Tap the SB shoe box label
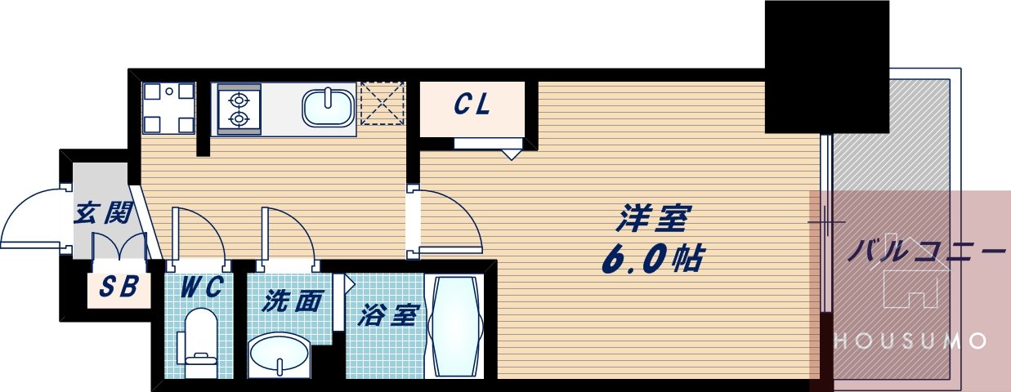pyautogui.click(x=119, y=287)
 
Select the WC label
pyautogui.click(x=198, y=287)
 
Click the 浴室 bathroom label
pyautogui.click(x=388, y=315)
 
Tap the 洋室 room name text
pyautogui.click(x=654, y=219)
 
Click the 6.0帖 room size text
pyautogui.click(x=654, y=259)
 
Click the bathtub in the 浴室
pyautogui.click(x=455, y=327)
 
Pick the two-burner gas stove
pyautogui.click(x=238, y=109)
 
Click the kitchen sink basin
pyautogui.click(x=328, y=107)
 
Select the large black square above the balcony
pyautogui.click(x=826, y=67)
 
